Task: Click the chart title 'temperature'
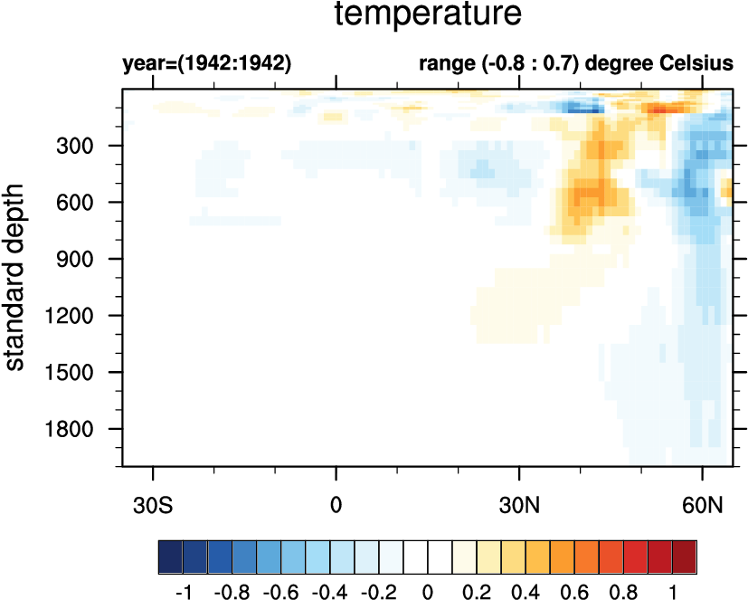point(428,14)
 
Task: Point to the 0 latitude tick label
point(336,503)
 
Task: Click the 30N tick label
point(519,503)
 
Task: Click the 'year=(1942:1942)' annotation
point(206,64)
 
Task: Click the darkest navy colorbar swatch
point(170,553)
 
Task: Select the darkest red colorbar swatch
point(685,553)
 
